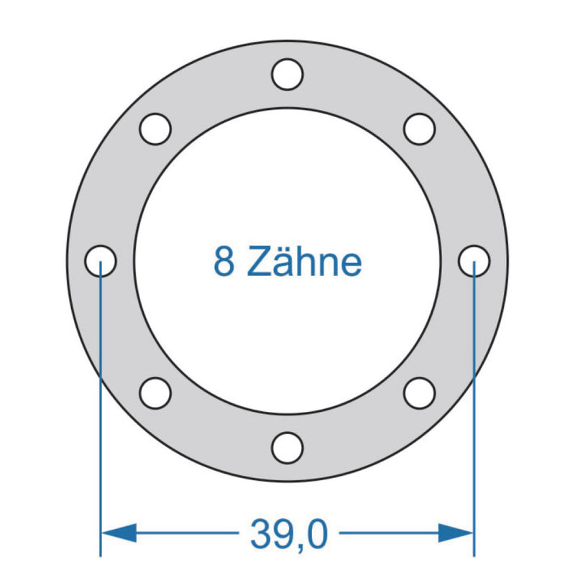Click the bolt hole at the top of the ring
(x=287, y=74)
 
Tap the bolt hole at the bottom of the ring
(x=287, y=446)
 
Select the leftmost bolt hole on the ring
(x=101, y=260)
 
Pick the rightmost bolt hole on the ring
(x=474, y=260)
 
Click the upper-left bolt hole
(x=155, y=129)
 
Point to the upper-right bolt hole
(x=419, y=129)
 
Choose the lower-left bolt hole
(x=155, y=392)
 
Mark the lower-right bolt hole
(x=419, y=392)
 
